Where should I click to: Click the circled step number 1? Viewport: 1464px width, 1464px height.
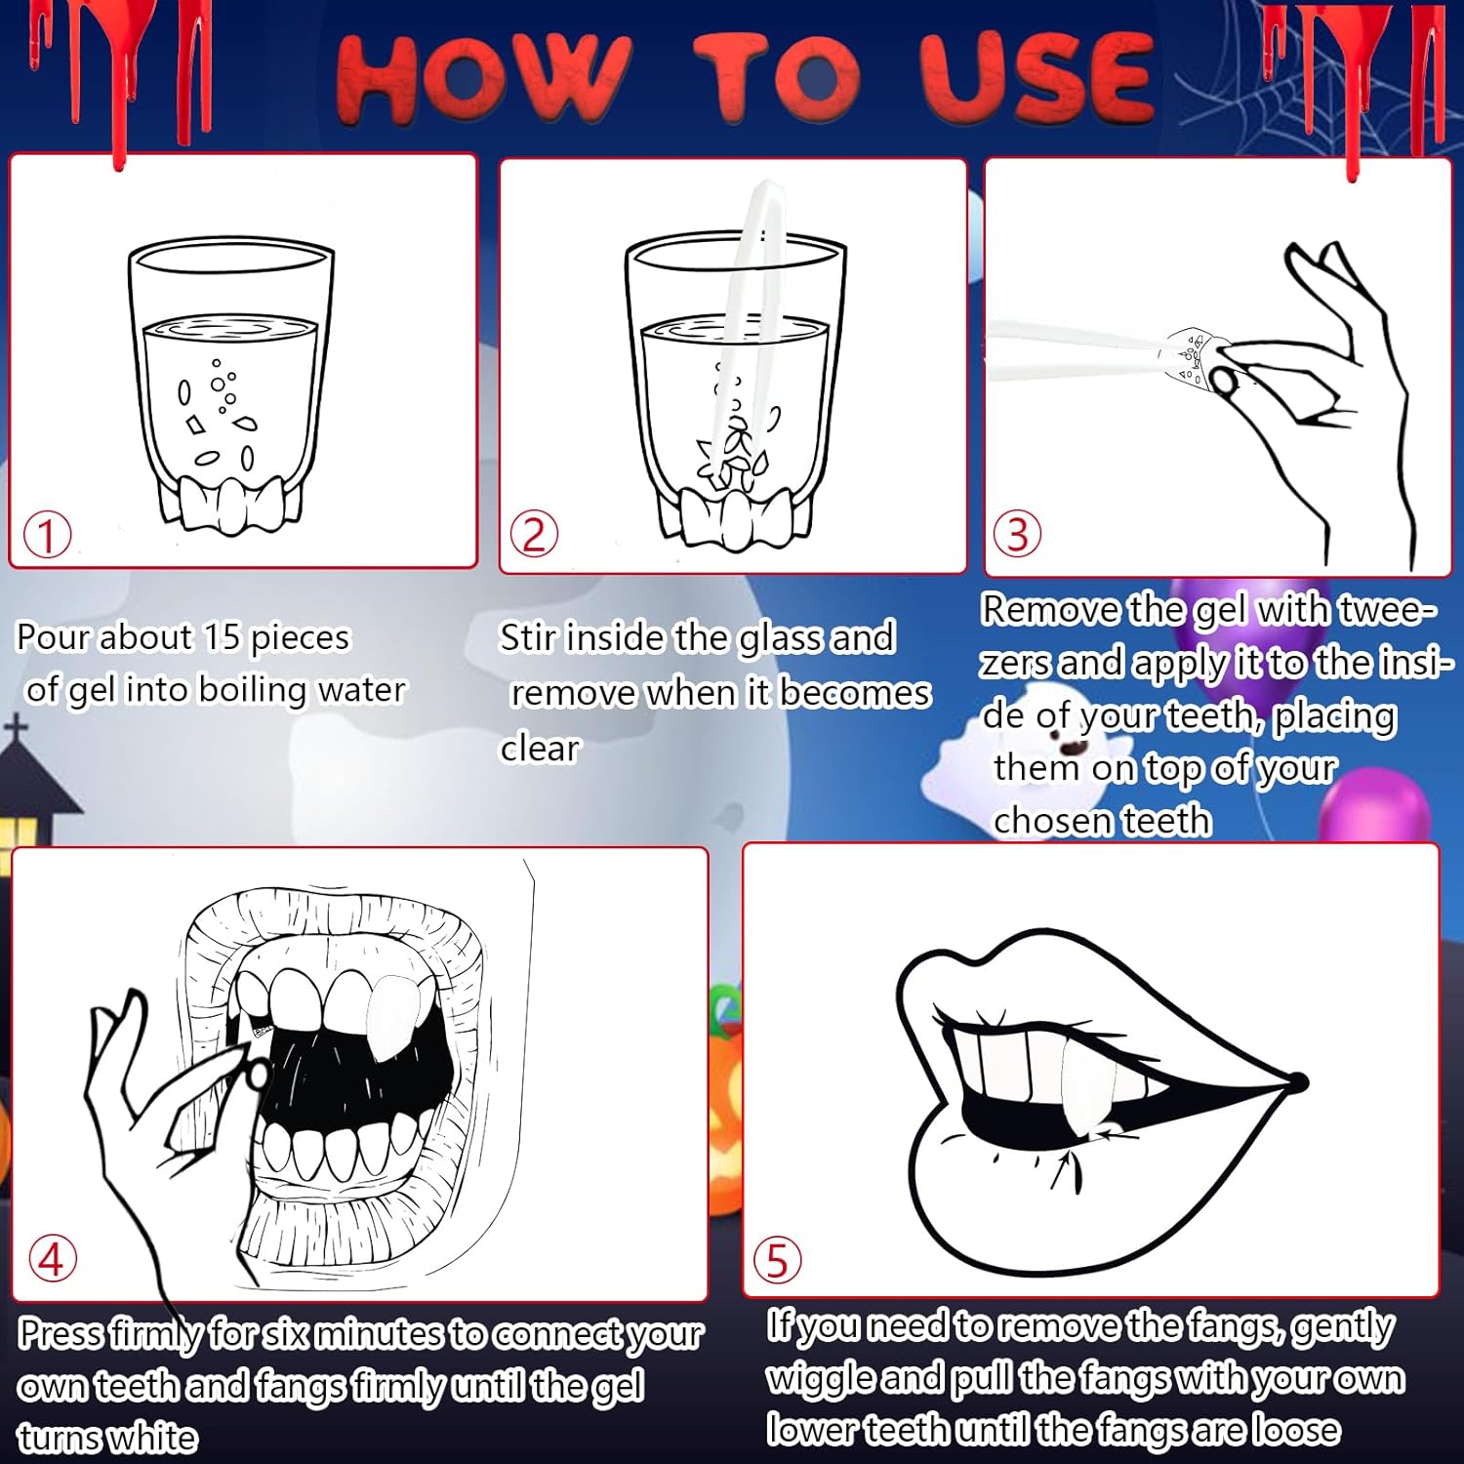pos(47,536)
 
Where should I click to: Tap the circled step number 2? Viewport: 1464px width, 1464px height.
pos(534,535)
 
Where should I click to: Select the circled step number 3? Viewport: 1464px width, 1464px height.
pos(1017,534)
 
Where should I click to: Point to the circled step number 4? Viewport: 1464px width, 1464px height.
pos(52,1258)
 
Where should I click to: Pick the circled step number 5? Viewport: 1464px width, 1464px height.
pos(778,1260)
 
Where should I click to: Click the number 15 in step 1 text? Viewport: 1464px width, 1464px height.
pos(222,637)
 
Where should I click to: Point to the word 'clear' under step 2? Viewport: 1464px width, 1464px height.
pos(540,748)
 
